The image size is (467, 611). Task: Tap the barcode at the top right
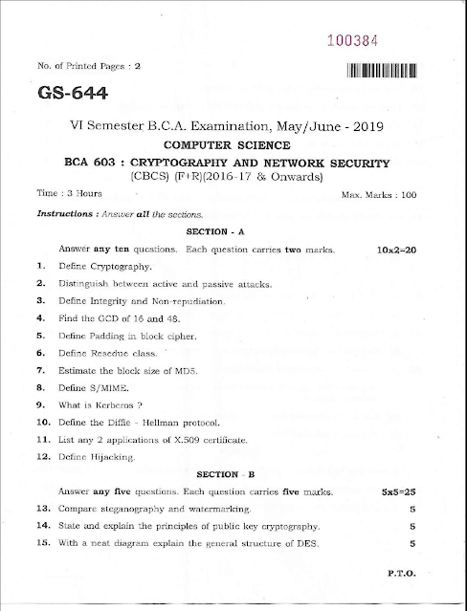[383, 70]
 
